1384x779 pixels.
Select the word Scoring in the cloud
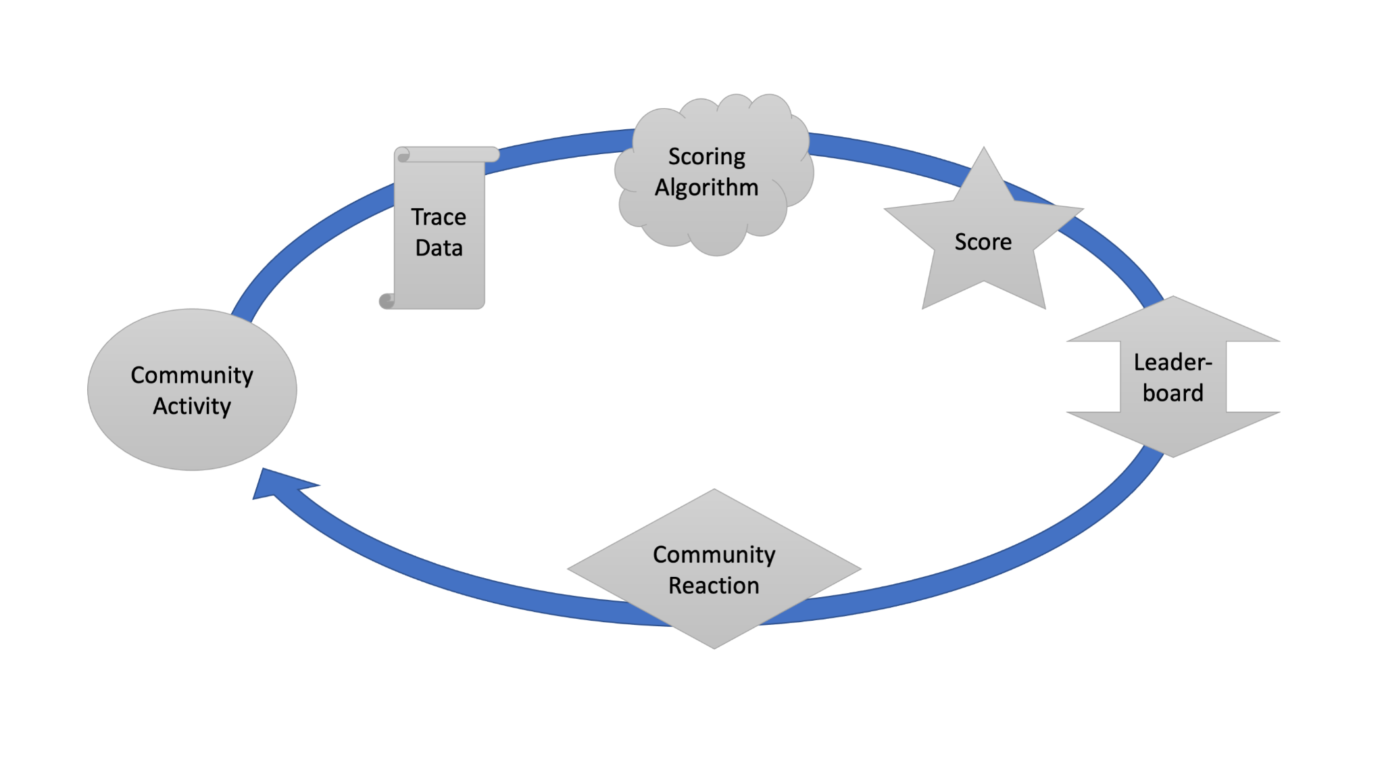pyautogui.click(x=706, y=157)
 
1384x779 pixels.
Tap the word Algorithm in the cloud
pyautogui.click(x=706, y=187)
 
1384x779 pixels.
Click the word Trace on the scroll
pyautogui.click(x=439, y=217)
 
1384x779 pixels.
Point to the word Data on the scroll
pyautogui.click(x=439, y=248)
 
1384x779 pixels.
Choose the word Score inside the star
pyautogui.click(x=983, y=242)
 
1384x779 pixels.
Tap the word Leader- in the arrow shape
pyautogui.click(x=1172, y=362)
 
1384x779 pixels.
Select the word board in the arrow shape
pyautogui.click(x=1172, y=393)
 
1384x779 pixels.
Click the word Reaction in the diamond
pyautogui.click(x=714, y=586)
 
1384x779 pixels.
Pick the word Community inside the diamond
pyautogui.click(x=714, y=554)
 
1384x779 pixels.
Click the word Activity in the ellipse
pyautogui.click(x=192, y=406)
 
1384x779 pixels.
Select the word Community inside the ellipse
pyautogui.click(x=192, y=375)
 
